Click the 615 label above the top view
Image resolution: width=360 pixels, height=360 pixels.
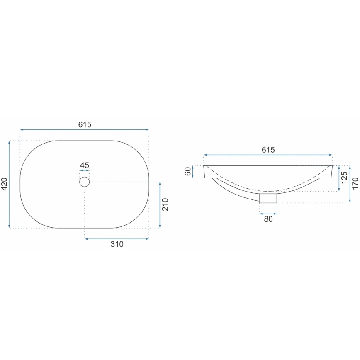[85, 124]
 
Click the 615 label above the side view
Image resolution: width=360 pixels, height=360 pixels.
[268, 150]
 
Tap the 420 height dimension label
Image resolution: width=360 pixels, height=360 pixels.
[4, 184]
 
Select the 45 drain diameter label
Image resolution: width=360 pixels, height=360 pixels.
[85, 165]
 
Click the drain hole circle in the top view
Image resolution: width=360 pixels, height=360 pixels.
[85, 182]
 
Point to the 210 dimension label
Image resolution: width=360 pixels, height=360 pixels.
[165, 205]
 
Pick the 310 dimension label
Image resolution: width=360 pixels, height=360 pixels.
[117, 245]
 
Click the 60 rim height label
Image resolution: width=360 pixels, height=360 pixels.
[188, 171]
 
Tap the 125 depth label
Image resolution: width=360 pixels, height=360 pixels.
[344, 178]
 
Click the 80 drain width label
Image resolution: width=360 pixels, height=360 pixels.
[268, 219]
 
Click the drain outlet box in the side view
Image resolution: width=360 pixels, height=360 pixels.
[268, 198]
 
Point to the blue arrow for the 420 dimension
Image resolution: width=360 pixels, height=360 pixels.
[9, 184]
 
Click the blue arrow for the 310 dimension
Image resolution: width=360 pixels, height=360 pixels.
[117, 238]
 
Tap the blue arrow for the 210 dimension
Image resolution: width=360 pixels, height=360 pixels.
[159, 205]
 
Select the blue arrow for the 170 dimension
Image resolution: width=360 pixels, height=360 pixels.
[350, 184]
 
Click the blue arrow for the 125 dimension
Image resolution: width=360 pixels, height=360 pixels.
[339, 178]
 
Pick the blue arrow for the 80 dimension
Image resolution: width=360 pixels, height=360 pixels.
[268, 213]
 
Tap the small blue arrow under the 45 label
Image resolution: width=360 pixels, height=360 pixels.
[85, 171]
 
